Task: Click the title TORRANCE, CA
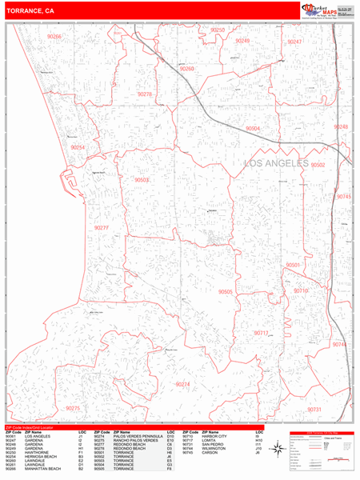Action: click(30, 11)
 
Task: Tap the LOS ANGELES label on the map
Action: click(274, 163)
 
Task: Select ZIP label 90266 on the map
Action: click(54, 37)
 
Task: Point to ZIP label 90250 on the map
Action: click(218, 30)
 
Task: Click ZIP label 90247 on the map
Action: click(294, 41)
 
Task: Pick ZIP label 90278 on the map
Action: click(145, 94)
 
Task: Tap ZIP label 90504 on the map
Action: click(253, 128)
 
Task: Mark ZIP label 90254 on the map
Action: click(77, 148)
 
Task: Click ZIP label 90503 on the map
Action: click(142, 180)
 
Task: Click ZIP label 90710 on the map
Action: click(301, 291)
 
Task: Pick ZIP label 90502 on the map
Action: click(318, 165)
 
